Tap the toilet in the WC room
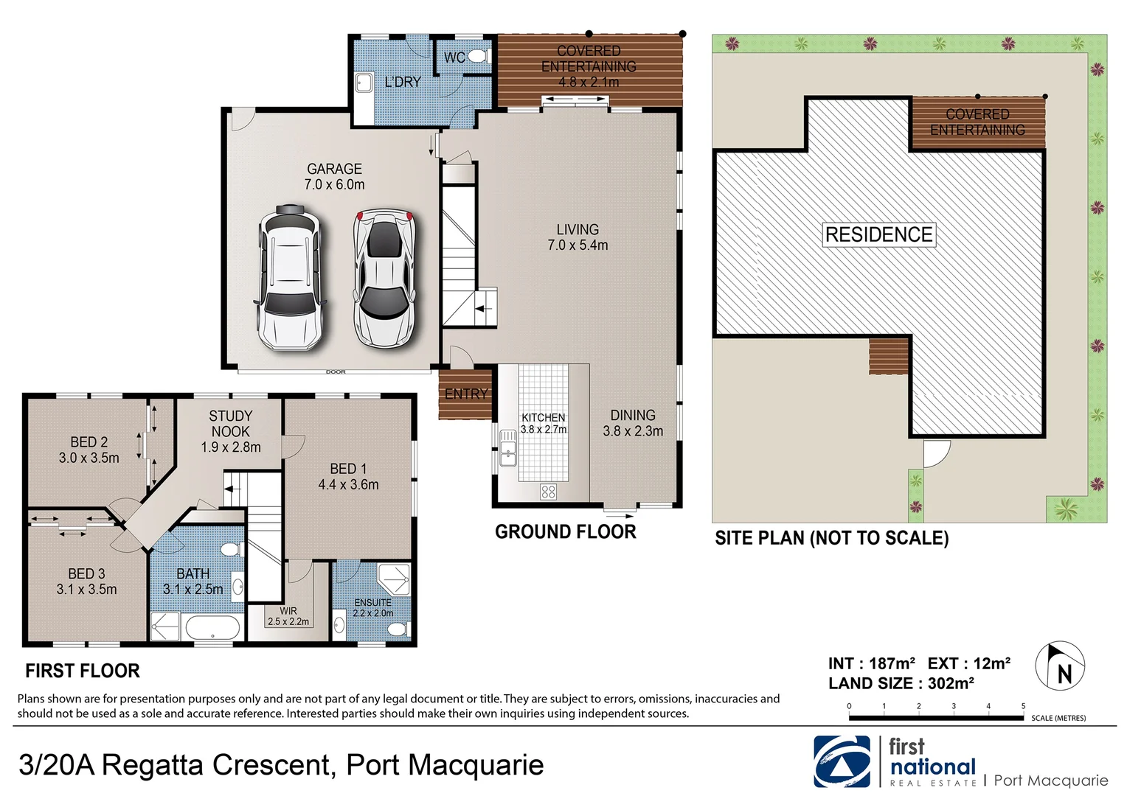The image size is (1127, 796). pos(477,57)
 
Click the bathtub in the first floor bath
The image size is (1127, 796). pos(212,629)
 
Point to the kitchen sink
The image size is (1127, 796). pos(507,448)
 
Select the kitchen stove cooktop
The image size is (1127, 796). pos(548,492)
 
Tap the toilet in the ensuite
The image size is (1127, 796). pos(398,629)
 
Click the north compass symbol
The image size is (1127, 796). pos(1060,665)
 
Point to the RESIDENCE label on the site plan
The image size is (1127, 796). pos(878,235)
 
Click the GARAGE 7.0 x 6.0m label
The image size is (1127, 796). pos(334,177)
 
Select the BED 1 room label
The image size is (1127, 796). pos(348,477)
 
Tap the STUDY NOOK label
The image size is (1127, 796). pos(231,431)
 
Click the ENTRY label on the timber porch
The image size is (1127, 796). pos(466,394)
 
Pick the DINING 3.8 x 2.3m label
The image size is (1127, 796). pos(633,423)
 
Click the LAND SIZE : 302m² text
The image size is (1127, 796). pos(901,683)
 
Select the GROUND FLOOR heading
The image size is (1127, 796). pos(565,532)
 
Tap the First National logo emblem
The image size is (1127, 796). pos(842,762)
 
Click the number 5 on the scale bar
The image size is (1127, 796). pos(1023,706)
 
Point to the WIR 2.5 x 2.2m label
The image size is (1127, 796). pos(288,616)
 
